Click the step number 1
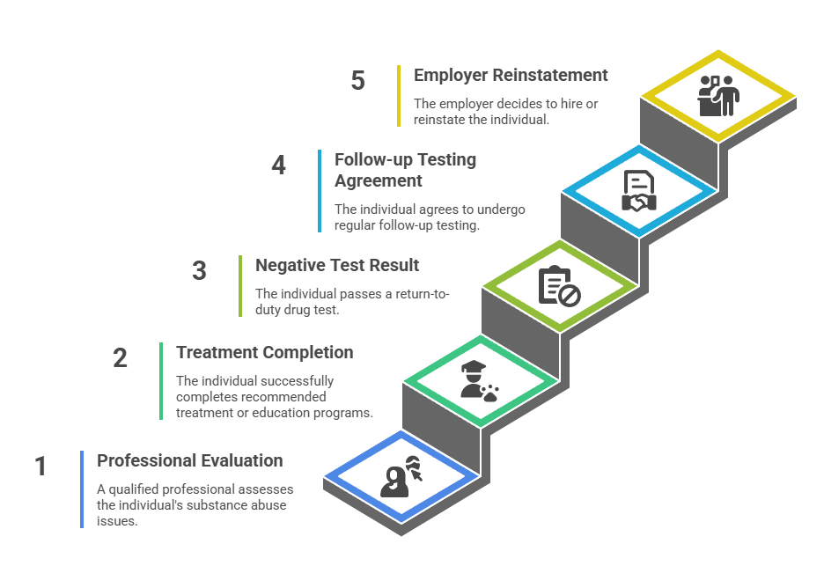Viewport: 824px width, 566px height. [40, 466]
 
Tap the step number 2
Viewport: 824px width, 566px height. [120, 358]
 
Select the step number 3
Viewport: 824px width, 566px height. [200, 270]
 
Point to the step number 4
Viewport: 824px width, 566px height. [279, 165]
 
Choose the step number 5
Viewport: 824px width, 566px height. [357, 81]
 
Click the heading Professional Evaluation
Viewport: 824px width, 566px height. [189, 460]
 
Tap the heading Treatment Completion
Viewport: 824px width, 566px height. [264, 352]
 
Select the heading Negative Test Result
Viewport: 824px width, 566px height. [337, 265]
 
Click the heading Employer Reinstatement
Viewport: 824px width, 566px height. [511, 76]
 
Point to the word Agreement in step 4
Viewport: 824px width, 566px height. [378, 180]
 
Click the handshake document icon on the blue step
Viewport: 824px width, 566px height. [638, 191]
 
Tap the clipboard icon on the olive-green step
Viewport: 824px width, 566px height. [559, 286]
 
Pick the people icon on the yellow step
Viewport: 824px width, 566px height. [717, 95]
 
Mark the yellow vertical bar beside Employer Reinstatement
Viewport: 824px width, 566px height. [399, 96]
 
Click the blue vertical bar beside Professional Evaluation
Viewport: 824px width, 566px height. [82, 489]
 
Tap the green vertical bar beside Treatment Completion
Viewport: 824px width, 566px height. [161, 381]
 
